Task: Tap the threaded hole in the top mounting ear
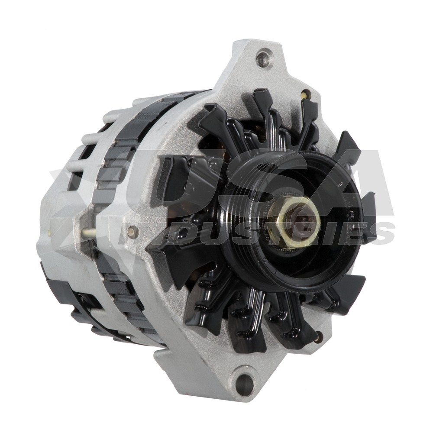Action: click(262, 58)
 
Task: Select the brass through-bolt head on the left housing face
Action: click(132, 231)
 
